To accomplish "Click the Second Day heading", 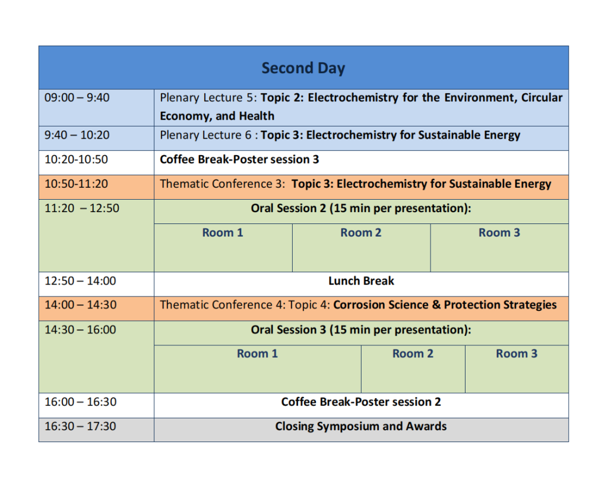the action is tap(303, 68).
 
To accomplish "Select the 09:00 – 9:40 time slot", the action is tap(77, 97).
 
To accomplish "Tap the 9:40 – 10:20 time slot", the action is tap(77, 135).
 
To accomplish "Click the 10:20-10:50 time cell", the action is tap(76, 159).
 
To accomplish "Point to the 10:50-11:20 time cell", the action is tap(76, 184).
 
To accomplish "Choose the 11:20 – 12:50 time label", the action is tap(82, 209).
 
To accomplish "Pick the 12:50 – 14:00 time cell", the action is tap(80, 281).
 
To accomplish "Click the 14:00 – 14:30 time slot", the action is tap(80, 305).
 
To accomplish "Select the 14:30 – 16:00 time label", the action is tap(80, 330).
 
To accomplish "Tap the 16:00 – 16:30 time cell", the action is tap(80, 402).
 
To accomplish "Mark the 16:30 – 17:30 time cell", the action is tap(80, 426).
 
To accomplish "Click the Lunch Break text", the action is tap(361, 281).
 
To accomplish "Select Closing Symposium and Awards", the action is tap(360, 426).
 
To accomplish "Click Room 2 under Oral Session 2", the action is tap(360, 232).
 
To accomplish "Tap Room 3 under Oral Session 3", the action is tap(517, 354).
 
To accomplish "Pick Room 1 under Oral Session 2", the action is tap(223, 232).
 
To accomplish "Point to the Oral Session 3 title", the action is tap(361, 330).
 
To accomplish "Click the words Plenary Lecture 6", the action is tap(205, 135).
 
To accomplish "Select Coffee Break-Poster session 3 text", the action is tap(239, 159).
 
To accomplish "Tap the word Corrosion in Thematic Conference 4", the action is tap(356, 305).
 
